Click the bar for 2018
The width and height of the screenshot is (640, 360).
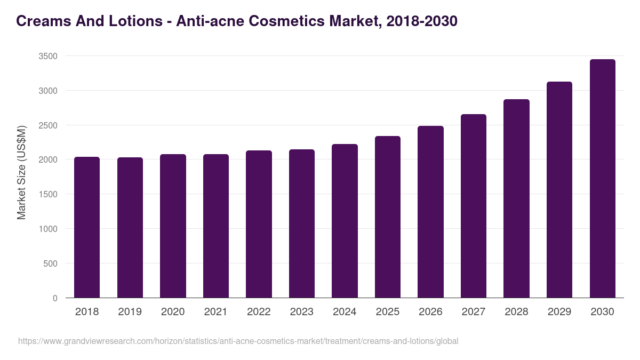(87, 227)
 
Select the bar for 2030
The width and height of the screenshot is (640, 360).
(602, 179)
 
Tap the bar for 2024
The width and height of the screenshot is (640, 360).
(345, 221)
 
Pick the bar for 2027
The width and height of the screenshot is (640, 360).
(474, 206)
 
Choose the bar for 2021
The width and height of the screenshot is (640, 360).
(216, 226)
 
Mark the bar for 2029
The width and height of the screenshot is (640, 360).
(559, 190)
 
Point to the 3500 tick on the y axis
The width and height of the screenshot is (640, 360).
(47, 56)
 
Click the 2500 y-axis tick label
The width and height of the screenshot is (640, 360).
(47, 125)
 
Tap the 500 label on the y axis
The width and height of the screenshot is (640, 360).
(50, 263)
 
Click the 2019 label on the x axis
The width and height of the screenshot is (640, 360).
(130, 312)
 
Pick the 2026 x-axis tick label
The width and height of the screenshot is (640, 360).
(430, 312)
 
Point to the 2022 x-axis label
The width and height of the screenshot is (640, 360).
(259, 312)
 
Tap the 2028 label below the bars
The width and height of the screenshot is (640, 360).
(516, 312)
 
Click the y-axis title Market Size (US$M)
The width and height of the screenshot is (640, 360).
(21, 172)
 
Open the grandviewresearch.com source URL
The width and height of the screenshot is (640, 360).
(238, 341)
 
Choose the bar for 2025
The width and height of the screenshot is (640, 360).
(388, 217)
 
